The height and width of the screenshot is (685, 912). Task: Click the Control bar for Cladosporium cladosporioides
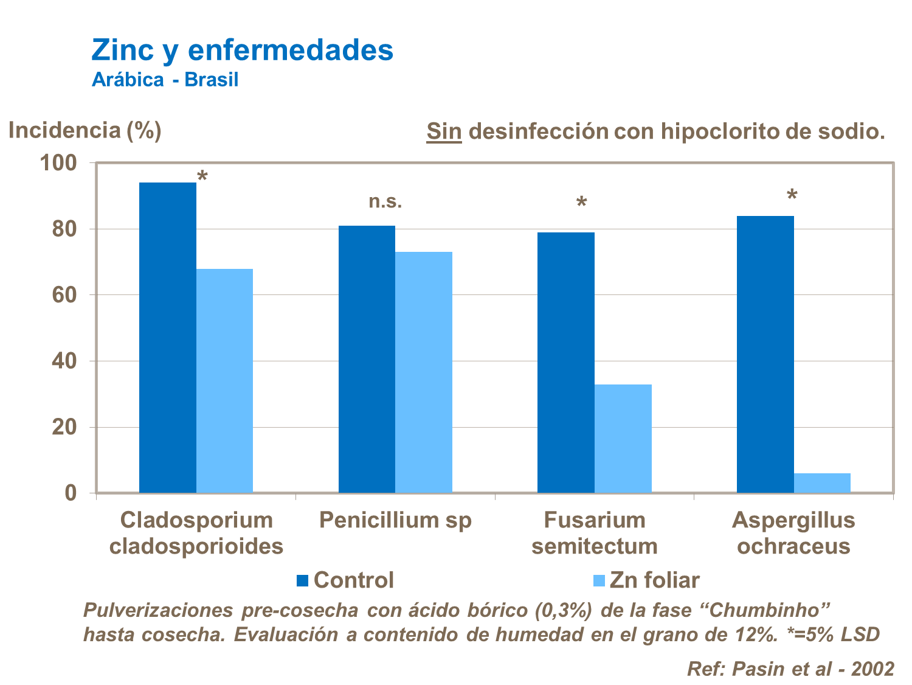point(167,338)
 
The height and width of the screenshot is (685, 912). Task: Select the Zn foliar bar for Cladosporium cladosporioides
point(224,381)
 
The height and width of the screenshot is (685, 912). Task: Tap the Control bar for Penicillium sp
point(367,359)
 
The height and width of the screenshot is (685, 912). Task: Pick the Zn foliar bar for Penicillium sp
point(424,372)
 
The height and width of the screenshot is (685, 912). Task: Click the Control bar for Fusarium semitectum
point(565,363)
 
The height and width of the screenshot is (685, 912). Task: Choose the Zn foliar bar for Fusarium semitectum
point(623,439)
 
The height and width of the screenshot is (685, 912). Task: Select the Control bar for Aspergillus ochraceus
point(765,354)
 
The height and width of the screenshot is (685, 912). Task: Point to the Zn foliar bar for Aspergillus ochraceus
point(822,483)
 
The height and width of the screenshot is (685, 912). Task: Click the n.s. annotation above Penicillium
point(385,201)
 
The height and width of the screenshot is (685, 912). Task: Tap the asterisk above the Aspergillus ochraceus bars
point(792,196)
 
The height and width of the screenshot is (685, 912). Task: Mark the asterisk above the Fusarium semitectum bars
point(582,203)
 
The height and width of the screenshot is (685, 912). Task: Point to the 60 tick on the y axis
point(64,295)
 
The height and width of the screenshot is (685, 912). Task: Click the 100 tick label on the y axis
point(58,163)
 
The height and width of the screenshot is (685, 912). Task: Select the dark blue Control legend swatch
point(302,580)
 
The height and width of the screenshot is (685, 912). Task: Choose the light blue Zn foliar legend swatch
point(599,580)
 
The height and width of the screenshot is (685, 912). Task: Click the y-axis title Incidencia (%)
point(85,130)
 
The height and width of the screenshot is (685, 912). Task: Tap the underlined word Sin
point(444,131)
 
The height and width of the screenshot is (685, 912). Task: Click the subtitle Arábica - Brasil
point(165,80)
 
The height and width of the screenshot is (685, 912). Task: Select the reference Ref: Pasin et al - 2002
point(790,669)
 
